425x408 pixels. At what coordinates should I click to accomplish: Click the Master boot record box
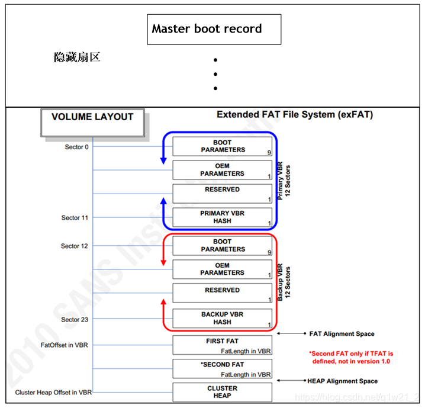(214, 29)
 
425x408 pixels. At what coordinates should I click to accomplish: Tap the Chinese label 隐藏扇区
(77, 57)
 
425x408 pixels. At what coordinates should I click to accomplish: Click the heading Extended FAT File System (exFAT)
(295, 114)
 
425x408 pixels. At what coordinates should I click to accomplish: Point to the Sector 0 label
(77, 147)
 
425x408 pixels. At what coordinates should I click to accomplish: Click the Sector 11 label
(75, 218)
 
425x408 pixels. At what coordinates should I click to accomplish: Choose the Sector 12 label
(75, 246)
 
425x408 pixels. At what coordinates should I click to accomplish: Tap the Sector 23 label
(75, 320)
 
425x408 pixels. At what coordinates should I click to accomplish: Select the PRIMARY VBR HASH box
(223, 217)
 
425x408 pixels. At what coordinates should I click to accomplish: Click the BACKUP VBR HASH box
(223, 319)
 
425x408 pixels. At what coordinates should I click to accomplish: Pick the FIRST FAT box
(223, 345)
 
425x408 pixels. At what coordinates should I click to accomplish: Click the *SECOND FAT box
(223, 369)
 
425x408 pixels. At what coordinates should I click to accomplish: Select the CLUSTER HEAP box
(223, 392)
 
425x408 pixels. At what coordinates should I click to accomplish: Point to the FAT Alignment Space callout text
(342, 334)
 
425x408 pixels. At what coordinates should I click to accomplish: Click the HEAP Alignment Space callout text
(342, 381)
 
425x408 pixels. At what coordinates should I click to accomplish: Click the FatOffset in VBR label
(65, 345)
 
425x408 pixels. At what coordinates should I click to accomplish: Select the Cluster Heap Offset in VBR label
(53, 393)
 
